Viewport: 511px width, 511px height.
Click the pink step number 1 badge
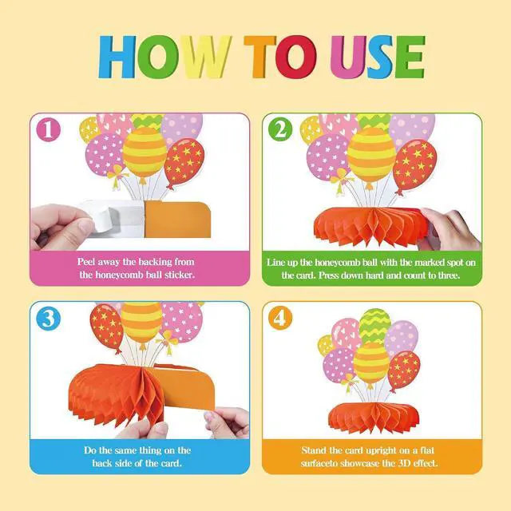(48, 129)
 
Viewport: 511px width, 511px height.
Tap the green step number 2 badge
(280, 129)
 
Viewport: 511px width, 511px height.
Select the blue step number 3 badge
(49, 318)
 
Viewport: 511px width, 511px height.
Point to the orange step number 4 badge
(280, 318)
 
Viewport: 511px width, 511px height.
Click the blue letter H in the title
(117, 57)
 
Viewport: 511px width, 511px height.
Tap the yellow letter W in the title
(206, 57)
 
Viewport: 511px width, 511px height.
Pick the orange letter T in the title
(259, 57)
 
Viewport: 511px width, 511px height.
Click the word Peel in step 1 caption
(87, 262)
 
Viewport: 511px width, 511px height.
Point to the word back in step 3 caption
(102, 463)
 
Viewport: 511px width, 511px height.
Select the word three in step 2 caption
(449, 275)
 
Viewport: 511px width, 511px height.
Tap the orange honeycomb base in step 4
(374, 418)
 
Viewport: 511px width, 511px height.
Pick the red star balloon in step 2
(414, 167)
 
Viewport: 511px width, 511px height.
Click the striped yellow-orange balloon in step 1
(145, 153)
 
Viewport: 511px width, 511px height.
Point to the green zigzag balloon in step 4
(374, 326)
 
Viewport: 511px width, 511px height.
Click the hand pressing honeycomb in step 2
(451, 228)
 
